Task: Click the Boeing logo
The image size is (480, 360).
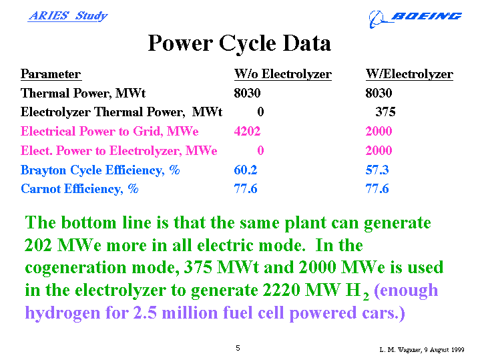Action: pyautogui.click(x=415, y=19)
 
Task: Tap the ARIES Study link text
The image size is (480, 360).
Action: pyautogui.click(x=67, y=15)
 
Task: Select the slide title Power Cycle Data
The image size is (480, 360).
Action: pyautogui.click(x=240, y=43)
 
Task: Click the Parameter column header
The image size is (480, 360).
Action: pyautogui.click(x=51, y=74)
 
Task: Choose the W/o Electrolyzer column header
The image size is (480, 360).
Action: pyautogui.click(x=283, y=74)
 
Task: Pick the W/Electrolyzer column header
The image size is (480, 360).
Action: pyautogui.click(x=409, y=74)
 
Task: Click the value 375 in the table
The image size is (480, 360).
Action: pyautogui.click(x=385, y=112)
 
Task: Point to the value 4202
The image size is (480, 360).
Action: pyautogui.click(x=247, y=131)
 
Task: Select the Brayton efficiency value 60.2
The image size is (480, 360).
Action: pyautogui.click(x=246, y=170)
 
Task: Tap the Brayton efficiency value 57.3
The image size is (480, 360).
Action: pyautogui.click(x=377, y=170)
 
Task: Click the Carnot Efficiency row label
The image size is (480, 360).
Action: pyautogui.click(x=79, y=189)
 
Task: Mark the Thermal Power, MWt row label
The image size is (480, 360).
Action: pyautogui.click(x=83, y=93)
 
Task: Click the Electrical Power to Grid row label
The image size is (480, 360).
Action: pyautogui.click(x=109, y=131)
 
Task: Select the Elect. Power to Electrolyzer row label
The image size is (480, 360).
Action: pyautogui.click(x=119, y=150)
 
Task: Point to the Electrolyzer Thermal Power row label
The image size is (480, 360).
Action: pyautogui.click(x=122, y=112)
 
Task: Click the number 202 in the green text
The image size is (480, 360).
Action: pyautogui.click(x=38, y=245)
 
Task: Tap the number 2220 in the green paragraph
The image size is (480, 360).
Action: pyautogui.click(x=281, y=290)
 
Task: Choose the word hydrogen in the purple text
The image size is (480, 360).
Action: pyautogui.click(x=63, y=313)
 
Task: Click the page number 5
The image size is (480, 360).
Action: pyautogui.click(x=238, y=348)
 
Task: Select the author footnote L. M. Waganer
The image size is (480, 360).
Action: pyautogui.click(x=422, y=349)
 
